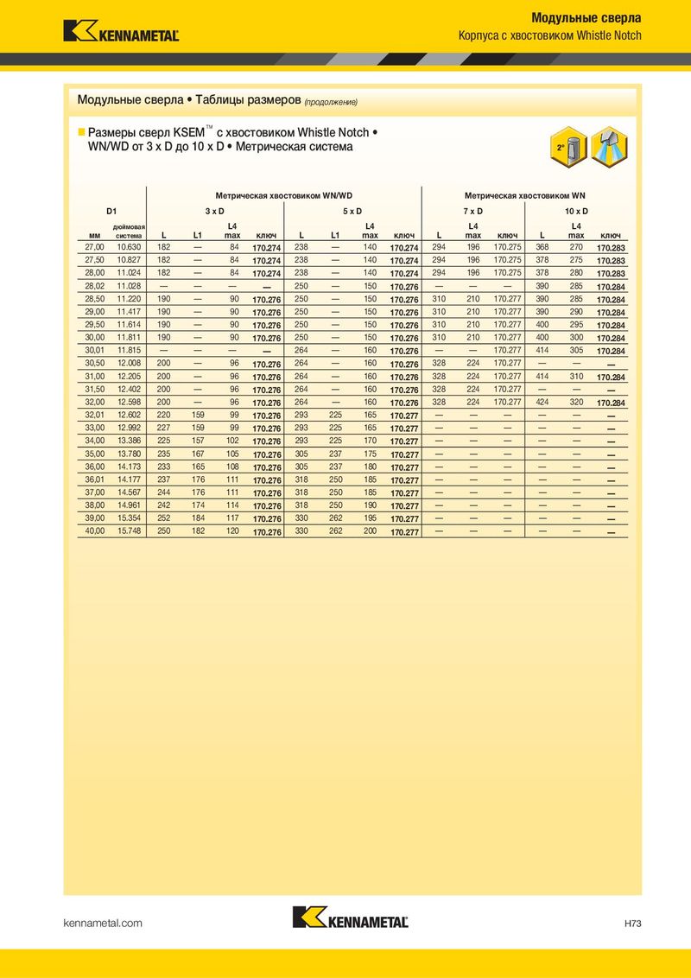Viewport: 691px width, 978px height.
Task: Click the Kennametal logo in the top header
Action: point(120,31)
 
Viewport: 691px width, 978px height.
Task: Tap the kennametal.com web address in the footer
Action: point(103,924)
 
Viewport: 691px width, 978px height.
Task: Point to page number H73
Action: point(632,924)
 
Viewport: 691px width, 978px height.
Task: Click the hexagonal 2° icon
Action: point(562,148)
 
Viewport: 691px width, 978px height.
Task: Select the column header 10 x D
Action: point(576,211)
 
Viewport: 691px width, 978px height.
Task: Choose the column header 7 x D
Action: point(472,211)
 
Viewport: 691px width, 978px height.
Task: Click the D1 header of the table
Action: point(111,211)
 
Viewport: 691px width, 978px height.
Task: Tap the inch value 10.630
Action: point(129,246)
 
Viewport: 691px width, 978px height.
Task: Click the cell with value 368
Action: point(542,246)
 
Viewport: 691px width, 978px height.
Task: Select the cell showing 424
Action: point(542,402)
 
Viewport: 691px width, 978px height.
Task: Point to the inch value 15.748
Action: point(129,531)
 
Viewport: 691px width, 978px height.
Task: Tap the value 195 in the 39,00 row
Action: point(370,518)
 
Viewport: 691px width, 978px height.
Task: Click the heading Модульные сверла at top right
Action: point(585,17)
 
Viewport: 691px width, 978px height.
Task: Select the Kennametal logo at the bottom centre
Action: point(350,918)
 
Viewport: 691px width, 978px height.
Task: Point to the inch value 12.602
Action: point(129,415)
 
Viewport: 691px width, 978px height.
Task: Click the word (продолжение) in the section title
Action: point(330,102)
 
